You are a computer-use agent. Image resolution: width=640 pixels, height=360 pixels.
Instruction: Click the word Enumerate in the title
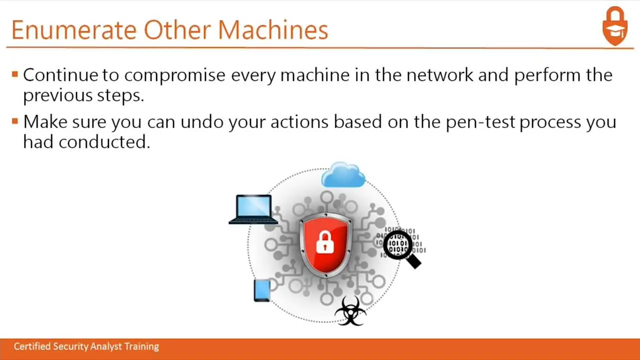tap(74, 29)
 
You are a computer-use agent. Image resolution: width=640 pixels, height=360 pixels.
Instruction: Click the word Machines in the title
tap(273, 29)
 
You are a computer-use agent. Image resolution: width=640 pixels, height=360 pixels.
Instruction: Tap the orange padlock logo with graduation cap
tap(615, 25)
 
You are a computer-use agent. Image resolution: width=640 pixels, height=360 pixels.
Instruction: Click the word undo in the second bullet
tap(202, 121)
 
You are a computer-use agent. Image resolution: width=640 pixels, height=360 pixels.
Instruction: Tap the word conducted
tap(104, 141)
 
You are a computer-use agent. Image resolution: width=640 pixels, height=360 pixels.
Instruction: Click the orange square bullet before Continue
tap(15, 74)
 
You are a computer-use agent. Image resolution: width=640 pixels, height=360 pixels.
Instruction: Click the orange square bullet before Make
tap(15, 121)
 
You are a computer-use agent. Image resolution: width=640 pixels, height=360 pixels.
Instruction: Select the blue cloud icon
tap(343, 174)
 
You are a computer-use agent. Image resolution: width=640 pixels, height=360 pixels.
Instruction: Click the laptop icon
tap(253, 209)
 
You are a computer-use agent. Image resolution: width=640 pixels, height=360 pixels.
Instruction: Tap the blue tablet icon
tap(262, 290)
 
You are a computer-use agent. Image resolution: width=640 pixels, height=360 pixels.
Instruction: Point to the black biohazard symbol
tap(350, 311)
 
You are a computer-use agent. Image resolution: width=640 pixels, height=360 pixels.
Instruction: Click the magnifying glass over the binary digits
tap(401, 248)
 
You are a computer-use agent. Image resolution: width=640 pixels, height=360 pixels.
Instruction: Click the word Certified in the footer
tap(32, 346)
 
